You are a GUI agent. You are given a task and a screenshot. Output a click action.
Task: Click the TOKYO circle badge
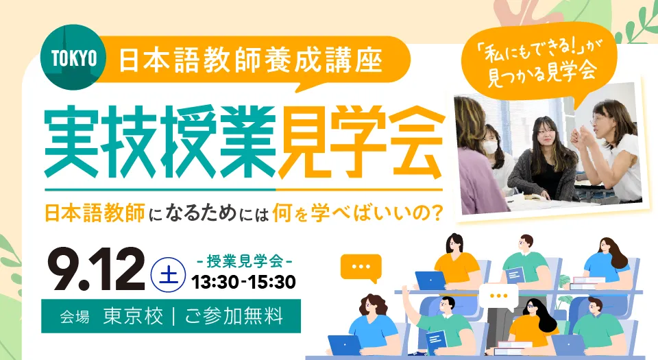pyautogui.click(x=73, y=58)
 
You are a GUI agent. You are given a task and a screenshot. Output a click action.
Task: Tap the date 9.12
pyautogui.click(x=99, y=269)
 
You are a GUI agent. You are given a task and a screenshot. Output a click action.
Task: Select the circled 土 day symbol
pyautogui.click(x=169, y=274)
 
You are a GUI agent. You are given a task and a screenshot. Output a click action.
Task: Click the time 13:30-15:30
pyautogui.click(x=244, y=282)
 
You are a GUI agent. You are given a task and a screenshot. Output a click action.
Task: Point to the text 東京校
pyautogui.click(x=133, y=316)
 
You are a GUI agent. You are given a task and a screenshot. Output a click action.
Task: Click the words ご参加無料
pyautogui.click(x=234, y=316)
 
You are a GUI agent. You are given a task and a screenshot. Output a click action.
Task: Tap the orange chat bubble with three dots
pyautogui.click(x=361, y=267)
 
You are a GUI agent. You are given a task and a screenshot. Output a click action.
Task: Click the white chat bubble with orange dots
pyautogui.click(x=499, y=297)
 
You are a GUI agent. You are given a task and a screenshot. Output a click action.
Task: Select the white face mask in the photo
pyautogui.click(x=491, y=147)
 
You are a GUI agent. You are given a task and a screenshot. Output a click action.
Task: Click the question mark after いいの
pyautogui.click(x=437, y=213)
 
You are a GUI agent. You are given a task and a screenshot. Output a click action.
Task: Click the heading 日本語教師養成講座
pyautogui.click(x=251, y=60)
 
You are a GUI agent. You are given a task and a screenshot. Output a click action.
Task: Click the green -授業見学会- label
pyautogui.click(x=245, y=261)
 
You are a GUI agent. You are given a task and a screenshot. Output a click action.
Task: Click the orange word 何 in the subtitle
pyautogui.click(x=282, y=213)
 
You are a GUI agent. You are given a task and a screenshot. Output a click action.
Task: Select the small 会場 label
pyautogui.click(x=75, y=317)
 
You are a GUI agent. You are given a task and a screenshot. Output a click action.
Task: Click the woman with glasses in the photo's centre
pyautogui.click(x=544, y=160)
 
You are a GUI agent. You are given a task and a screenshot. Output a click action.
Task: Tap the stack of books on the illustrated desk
pyautogui.click(x=587, y=283)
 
